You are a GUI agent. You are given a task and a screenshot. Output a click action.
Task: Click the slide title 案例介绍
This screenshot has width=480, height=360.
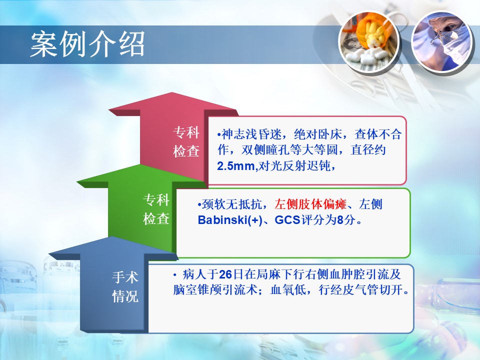(x=87, y=44)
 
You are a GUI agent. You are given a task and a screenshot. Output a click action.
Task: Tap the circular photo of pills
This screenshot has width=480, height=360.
(x=369, y=41)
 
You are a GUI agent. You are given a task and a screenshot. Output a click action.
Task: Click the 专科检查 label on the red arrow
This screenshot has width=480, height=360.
(x=186, y=141)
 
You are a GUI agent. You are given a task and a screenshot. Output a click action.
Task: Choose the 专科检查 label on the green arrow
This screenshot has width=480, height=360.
(x=156, y=209)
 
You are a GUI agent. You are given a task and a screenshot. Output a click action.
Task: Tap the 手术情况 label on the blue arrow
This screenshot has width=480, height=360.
(x=125, y=287)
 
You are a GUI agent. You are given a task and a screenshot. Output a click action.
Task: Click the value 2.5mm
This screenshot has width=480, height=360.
(x=235, y=166)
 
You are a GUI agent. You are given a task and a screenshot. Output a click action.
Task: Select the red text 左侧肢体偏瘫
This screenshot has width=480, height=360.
(x=310, y=204)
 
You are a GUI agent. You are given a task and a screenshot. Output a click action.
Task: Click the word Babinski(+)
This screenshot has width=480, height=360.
(x=230, y=220)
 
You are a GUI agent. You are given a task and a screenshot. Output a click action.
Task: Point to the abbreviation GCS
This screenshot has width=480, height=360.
(x=287, y=220)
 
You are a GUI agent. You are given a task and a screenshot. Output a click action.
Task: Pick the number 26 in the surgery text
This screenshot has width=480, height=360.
(x=225, y=274)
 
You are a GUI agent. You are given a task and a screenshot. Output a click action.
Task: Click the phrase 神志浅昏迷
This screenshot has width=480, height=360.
(x=251, y=134)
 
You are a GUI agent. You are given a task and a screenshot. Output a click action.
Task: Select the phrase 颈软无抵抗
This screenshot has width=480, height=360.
(x=231, y=204)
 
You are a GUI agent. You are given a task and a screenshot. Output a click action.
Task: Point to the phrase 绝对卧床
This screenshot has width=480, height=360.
(x=317, y=134)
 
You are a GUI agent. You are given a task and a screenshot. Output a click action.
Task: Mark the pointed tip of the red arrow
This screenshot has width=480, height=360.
(x=172, y=92)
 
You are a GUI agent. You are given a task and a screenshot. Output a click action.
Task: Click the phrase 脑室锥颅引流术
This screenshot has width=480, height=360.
(x=215, y=289)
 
